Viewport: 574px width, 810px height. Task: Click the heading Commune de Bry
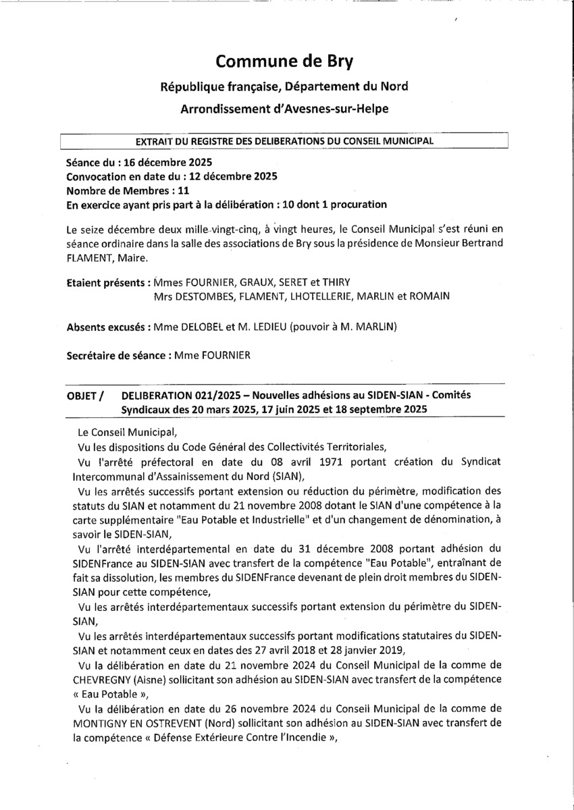284,61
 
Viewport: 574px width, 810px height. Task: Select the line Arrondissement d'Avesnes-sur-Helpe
284,109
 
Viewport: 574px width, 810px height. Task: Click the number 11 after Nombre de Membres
174,190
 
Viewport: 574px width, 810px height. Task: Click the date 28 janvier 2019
371,651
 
